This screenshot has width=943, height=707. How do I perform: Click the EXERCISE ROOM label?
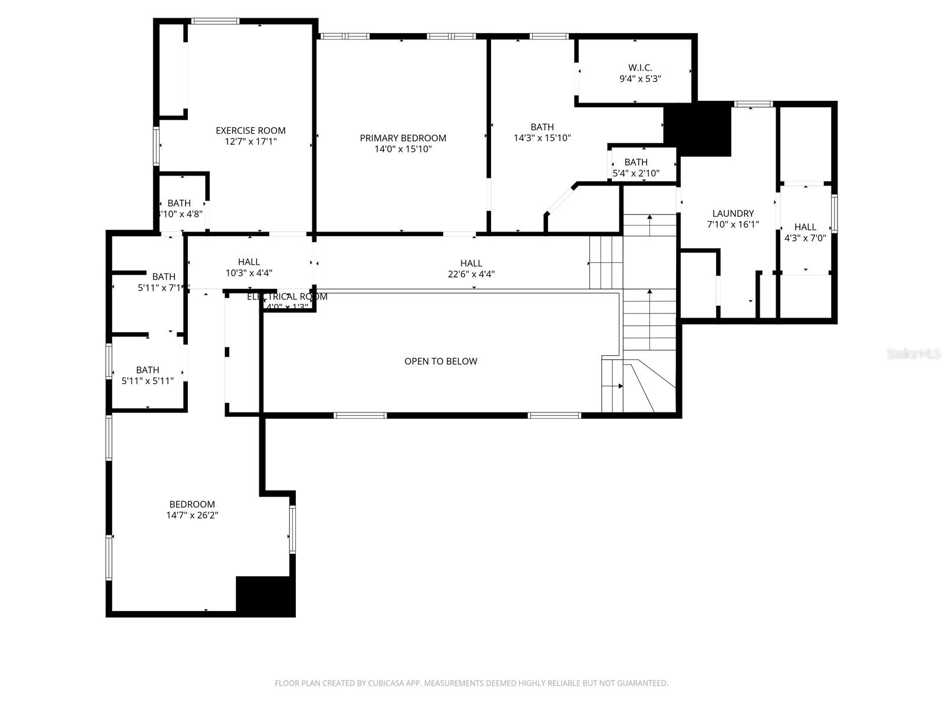250,131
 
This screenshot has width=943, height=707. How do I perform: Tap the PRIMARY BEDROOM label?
403,138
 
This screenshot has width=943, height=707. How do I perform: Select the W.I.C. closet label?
640,68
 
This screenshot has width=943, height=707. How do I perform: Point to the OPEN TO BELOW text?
441,361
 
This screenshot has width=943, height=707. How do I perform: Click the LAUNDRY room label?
733,213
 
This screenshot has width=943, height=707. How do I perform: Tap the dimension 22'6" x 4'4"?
471,274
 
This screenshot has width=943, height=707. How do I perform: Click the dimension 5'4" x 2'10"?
636,173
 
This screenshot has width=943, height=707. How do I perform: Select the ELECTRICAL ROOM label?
287,296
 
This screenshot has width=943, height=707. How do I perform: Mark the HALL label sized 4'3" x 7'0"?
805,227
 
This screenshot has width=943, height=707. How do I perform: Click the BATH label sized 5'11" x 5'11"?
147,370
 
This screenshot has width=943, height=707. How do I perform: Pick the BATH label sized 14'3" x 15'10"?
542,127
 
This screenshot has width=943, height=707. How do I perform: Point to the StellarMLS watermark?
914,354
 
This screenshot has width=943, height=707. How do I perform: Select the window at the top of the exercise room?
215,22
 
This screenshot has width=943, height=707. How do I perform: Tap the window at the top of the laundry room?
753,104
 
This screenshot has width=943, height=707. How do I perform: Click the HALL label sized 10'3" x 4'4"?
249,262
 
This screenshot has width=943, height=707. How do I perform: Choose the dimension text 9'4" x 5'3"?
640,78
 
